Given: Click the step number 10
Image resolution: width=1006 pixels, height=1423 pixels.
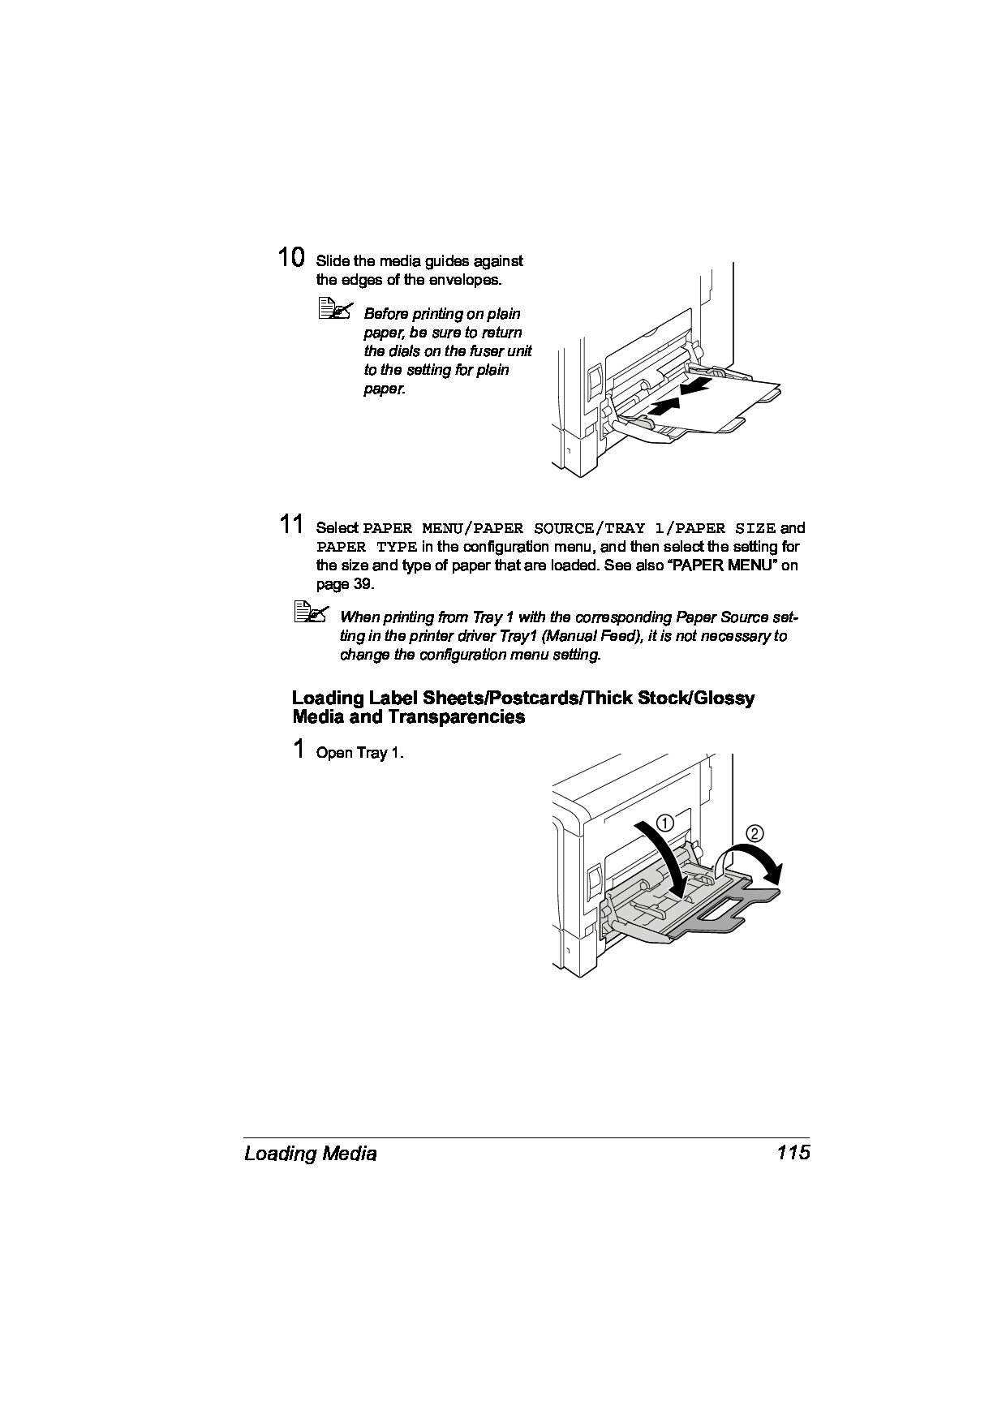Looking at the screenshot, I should coord(291,258).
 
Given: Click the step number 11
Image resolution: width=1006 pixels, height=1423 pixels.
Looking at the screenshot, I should coord(291,524).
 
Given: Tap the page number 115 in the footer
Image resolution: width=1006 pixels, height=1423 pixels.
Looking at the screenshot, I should coord(793,1153).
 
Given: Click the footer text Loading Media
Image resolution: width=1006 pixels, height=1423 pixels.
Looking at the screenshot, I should coord(310,1154).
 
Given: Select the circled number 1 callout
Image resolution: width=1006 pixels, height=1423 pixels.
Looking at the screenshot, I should coord(665,823).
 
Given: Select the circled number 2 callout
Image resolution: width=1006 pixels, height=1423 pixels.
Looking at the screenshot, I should coord(754,833).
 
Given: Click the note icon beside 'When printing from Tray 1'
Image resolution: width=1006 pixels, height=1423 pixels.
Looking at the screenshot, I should coord(311,613).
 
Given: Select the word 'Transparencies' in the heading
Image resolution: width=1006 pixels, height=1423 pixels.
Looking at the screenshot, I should coord(457,717).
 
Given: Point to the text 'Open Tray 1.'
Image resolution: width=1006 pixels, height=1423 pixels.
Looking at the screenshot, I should coord(359,753).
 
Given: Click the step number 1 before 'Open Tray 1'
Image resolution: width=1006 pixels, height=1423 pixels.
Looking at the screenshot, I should coord(299,749).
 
